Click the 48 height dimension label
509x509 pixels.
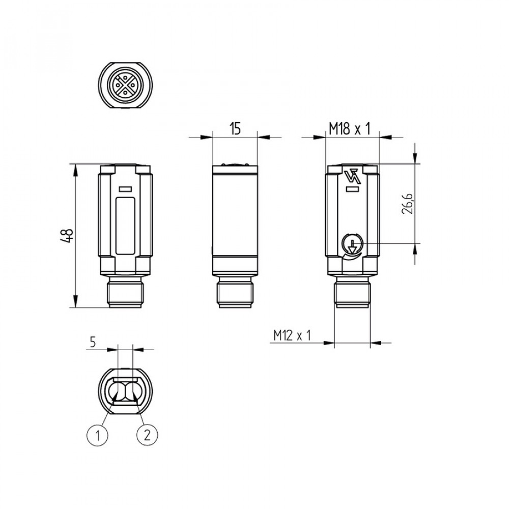(x=67, y=236)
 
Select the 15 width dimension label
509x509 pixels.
(x=235, y=129)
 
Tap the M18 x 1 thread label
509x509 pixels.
(x=349, y=129)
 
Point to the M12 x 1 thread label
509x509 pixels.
(x=292, y=335)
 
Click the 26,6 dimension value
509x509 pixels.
(x=407, y=204)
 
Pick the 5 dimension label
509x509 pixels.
(x=93, y=342)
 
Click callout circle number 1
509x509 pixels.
(x=97, y=435)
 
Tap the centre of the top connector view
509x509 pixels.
(x=125, y=85)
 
